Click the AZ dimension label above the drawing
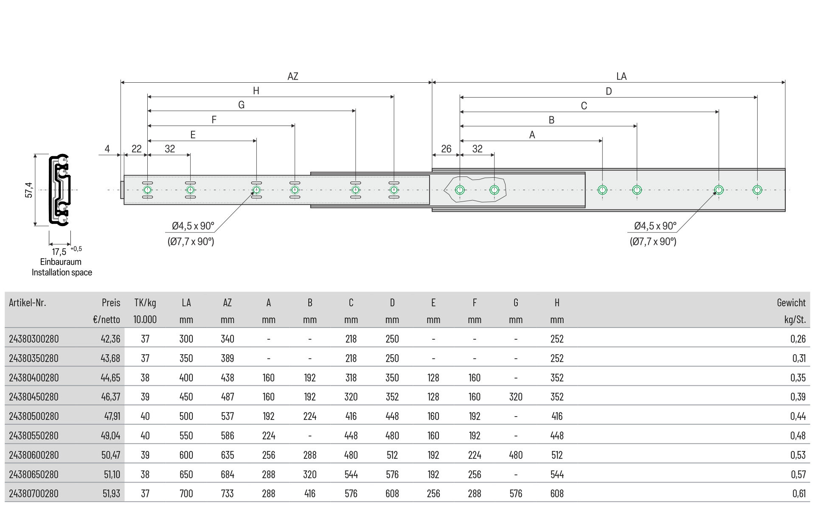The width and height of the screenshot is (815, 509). [x=293, y=76]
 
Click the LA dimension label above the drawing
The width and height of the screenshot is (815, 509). [x=621, y=76]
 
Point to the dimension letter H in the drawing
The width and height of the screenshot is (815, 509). [x=256, y=91]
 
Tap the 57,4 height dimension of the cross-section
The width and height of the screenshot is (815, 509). [x=29, y=190]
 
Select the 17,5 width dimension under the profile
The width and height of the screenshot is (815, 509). [x=59, y=252]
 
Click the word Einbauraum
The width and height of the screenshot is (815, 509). [x=61, y=262]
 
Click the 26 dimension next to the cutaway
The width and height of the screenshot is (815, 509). [x=446, y=149]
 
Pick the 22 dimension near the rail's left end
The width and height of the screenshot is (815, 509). [x=136, y=149]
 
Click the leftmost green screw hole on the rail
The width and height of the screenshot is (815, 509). [x=147, y=190]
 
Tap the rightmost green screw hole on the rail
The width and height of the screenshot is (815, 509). [x=757, y=190]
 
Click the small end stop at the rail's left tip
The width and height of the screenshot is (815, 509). [x=122, y=190]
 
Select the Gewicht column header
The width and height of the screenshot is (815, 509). [x=791, y=303]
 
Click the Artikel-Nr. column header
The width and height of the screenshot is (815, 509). [x=28, y=303]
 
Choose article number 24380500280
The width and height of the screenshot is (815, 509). [x=34, y=416]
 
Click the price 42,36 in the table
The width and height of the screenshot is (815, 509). [x=110, y=339]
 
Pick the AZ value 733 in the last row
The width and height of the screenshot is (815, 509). [x=228, y=494]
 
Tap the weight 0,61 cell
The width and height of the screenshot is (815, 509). [x=798, y=494]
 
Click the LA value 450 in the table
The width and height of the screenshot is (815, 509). [x=186, y=397]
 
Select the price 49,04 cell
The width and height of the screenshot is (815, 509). [x=110, y=436]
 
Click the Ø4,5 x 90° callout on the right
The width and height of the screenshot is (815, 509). [x=655, y=226]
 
